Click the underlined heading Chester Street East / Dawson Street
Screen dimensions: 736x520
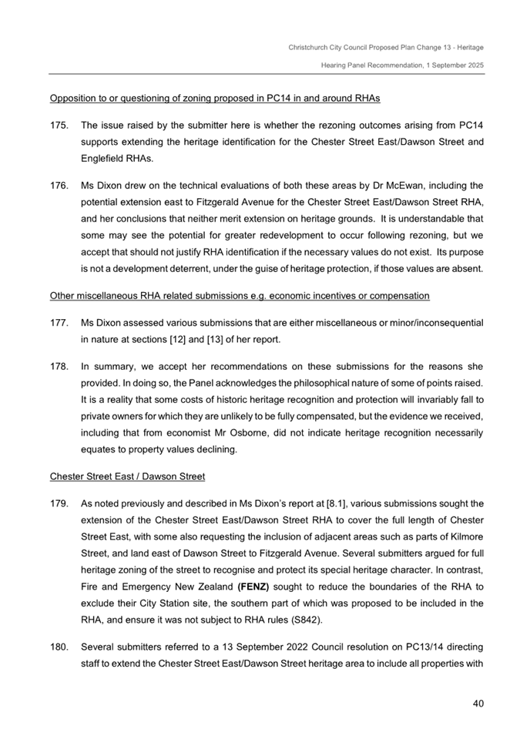(127, 476)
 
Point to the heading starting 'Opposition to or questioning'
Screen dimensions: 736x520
(215, 99)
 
